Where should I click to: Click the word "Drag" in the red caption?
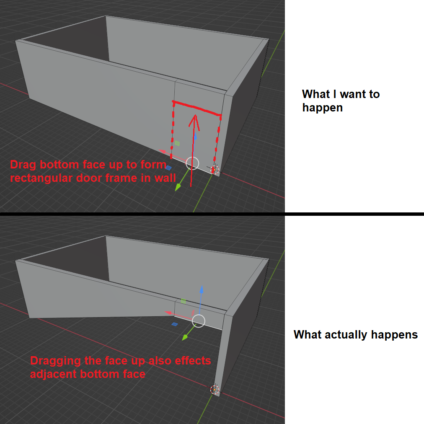point(23,165)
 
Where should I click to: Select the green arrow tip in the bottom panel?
point(185,337)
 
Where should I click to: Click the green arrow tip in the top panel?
point(178,187)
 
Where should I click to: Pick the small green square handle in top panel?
point(177,143)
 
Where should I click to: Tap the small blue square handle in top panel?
point(168,168)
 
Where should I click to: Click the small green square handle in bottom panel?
point(184,301)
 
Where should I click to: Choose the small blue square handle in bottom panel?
point(175,324)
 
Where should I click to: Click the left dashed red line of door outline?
point(172,130)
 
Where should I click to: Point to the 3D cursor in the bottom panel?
point(215,390)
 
